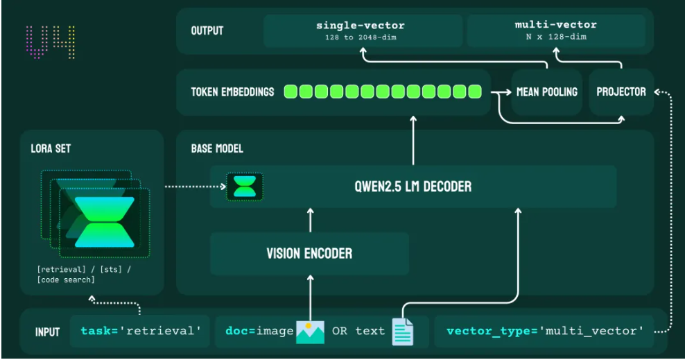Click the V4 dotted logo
(x=50, y=42)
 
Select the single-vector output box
(x=363, y=31)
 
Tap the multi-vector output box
(x=556, y=30)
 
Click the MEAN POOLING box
(x=547, y=92)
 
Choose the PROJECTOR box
(x=621, y=92)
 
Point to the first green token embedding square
(x=291, y=92)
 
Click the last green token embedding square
(x=475, y=92)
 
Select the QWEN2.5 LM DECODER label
(x=413, y=187)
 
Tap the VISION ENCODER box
(x=309, y=253)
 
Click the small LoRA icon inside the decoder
(x=245, y=187)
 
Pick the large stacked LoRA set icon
(x=96, y=214)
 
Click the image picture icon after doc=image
(x=310, y=332)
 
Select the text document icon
(x=402, y=332)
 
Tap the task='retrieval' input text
(x=141, y=331)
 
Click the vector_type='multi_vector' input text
(x=545, y=331)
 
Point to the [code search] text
(x=66, y=280)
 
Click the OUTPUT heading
(x=207, y=31)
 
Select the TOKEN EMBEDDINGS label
(x=232, y=92)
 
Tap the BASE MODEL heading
(x=217, y=148)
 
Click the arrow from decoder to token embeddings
(x=413, y=140)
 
